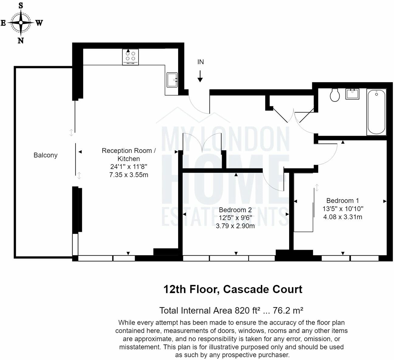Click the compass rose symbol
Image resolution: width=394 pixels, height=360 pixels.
[21, 23]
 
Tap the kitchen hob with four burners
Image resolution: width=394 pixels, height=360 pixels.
[130, 57]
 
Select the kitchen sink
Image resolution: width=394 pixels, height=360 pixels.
[172, 80]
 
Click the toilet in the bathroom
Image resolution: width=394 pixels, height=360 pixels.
[335, 95]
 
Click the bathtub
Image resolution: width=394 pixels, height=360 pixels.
[376, 112]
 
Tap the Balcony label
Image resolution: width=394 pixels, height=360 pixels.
[45, 155]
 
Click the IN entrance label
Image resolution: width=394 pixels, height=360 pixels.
[200, 62]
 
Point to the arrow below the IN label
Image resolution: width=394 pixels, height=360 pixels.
[200, 76]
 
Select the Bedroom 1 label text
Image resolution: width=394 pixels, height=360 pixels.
[343, 201]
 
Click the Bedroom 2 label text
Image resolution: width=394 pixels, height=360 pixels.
[235, 210]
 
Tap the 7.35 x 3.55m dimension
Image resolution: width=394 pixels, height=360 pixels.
[129, 175]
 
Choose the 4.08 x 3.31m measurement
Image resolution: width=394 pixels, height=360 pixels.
[343, 217]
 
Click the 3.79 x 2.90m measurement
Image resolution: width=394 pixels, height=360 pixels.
[235, 226]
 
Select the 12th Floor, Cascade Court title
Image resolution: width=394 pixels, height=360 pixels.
[233, 289]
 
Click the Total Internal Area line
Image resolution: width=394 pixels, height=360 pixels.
[231, 310]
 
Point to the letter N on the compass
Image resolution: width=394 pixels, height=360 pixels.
[21, 40]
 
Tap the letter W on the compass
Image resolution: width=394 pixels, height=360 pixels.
[39, 23]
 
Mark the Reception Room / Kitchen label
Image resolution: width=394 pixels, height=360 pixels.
[129, 154]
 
